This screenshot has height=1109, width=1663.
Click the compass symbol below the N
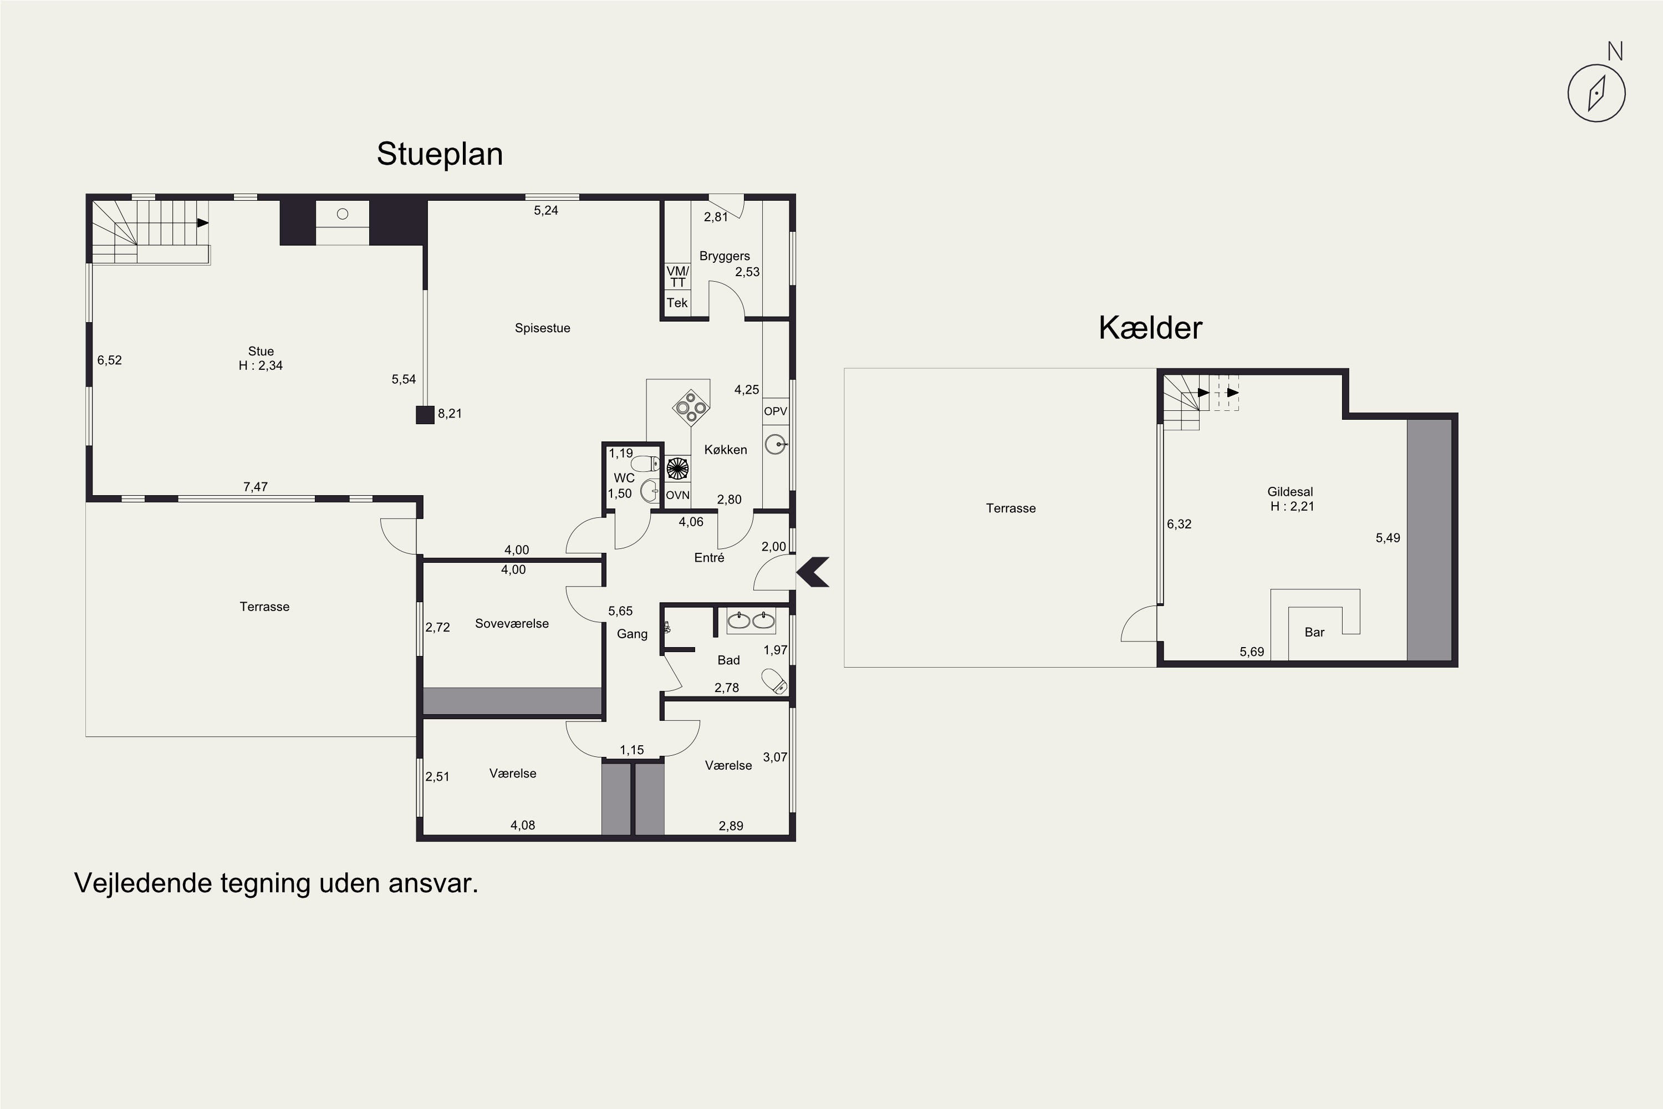[1596, 93]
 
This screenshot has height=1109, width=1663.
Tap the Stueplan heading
[440, 154]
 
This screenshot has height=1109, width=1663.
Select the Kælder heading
[1150, 328]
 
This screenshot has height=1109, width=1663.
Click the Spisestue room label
[542, 328]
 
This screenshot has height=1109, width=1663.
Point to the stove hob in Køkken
[691, 408]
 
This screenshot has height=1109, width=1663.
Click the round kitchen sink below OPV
[776, 444]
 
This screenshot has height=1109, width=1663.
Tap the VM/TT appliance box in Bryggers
[677, 277]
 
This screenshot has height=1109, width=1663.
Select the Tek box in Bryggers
[677, 303]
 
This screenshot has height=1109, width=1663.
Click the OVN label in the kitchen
[677, 495]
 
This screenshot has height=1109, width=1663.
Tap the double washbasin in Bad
[751, 620]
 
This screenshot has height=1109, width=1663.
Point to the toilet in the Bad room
[774, 681]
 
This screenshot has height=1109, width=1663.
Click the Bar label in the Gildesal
[1314, 632]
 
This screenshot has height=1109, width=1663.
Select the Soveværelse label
[512, 624]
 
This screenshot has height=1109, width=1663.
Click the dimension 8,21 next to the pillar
[450, 414]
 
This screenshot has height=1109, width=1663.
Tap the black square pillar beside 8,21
[425, 414]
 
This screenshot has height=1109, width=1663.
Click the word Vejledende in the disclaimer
[144, 883]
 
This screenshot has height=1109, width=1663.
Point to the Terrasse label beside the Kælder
[1011, 508]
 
